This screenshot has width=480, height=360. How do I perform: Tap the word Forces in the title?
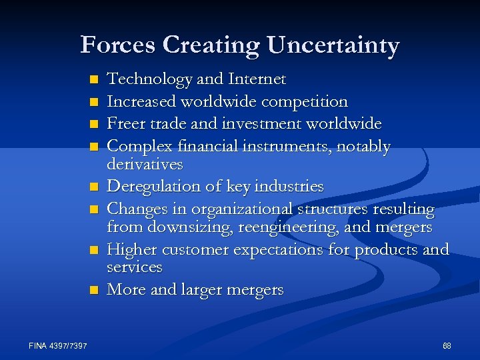coord(118,45)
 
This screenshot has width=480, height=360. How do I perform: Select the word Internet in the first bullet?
coord(257,79)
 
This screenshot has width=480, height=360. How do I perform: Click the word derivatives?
coord(145,163)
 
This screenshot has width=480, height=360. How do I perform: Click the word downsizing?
coord(193,227)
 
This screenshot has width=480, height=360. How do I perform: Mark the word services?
coord(135,267)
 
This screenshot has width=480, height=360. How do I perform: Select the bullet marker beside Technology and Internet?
coord(94,80)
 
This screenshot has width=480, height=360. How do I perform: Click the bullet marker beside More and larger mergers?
coord(94,290)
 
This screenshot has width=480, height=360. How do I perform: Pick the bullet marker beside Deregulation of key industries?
coord(94,186)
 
